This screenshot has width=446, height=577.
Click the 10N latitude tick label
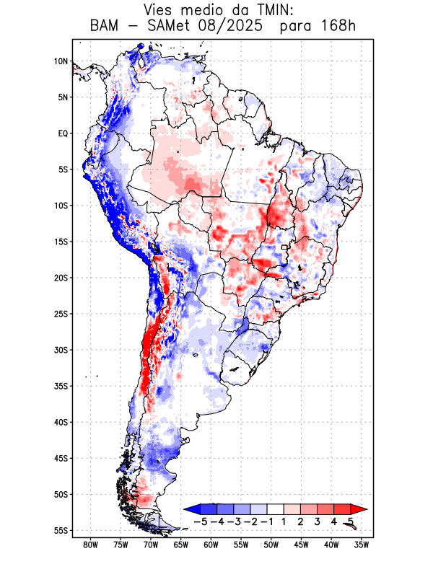click(61, 61)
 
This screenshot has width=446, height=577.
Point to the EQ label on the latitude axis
click(62, 133)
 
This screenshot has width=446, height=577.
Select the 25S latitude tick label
click(61, 314)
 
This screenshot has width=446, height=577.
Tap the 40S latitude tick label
click(61, 422)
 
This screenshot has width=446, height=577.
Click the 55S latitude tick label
click(61, 530)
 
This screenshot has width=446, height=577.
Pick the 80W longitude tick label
click(90, 545)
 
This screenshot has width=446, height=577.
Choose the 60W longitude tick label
click(211, 545)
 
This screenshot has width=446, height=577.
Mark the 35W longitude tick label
click(362, 545)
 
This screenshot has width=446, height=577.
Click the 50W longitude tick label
click(271, 545)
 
